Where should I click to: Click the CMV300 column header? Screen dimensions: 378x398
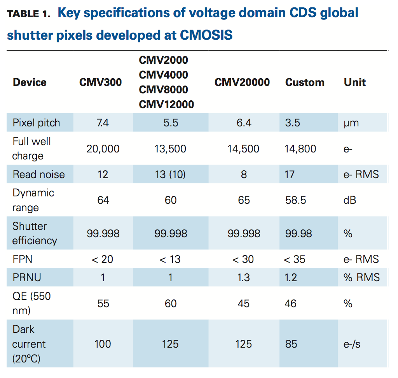(100, 82)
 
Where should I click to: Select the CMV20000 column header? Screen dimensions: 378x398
(242, 82)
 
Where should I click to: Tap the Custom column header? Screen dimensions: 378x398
(305, 82)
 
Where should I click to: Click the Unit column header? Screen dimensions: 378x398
(354, 82)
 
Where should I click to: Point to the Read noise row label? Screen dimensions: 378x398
(38, 174)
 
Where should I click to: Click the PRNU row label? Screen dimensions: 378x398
(27, 278)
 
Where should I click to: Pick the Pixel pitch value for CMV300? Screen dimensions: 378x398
(103, 123)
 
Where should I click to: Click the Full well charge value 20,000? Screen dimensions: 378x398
(103, 149)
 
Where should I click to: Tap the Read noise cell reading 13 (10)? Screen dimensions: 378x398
(170, 174)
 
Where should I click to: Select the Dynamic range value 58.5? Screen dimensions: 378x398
(295, 200)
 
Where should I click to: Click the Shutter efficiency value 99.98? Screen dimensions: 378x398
(298, 233)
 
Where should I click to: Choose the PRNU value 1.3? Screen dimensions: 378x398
(244, 278)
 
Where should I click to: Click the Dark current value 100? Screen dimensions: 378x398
(103, 344)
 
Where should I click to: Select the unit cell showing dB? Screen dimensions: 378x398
(350, 200)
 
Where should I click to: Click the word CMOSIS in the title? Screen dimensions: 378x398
(206, 35)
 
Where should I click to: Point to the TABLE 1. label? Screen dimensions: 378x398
(29, 14)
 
